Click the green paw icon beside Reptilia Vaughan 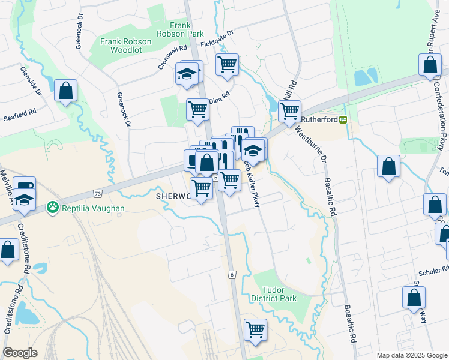[52, 208]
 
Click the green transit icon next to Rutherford [343, 119]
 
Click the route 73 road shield [97, 193]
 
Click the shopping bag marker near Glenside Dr [65, 91]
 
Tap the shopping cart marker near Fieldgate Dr [228, 64]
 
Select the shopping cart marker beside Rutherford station [289, 111]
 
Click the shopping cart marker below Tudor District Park [255, 329]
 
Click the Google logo [20, 353]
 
